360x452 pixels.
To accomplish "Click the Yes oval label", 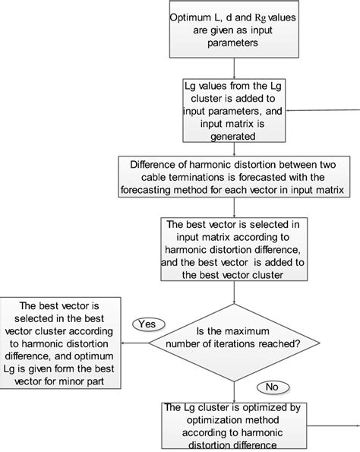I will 147,324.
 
